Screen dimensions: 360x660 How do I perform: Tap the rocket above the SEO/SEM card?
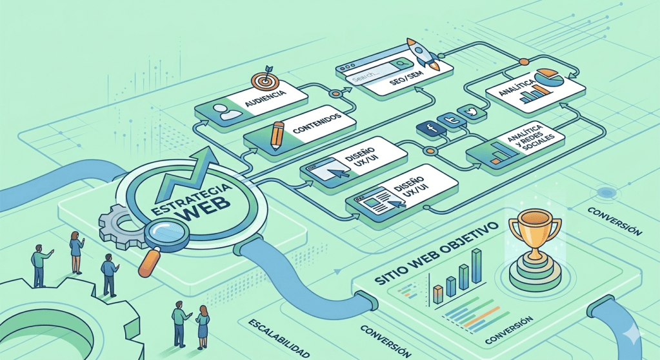coord(422,54)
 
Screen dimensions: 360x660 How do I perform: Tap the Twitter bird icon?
coord(474,112)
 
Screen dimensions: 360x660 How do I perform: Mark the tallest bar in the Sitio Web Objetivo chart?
coord(477,266)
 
